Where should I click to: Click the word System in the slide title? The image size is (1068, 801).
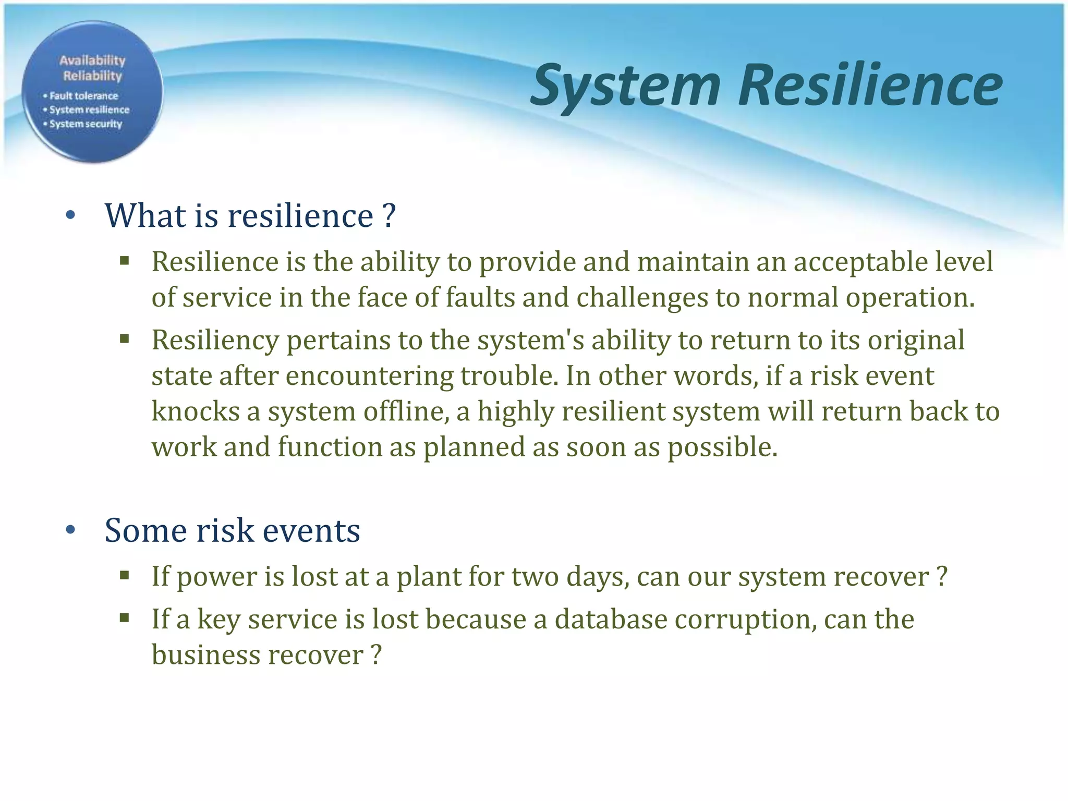coord(626,85)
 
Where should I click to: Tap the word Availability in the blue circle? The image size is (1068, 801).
coord(92,60)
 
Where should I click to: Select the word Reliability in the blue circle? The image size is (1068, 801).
coord(92,76)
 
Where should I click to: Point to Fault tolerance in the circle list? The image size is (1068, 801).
coord(83,96)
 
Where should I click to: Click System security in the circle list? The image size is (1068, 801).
coord(86,124)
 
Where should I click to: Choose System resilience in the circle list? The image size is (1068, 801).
coord(89,110)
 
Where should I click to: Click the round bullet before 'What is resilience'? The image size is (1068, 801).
coord(71,215)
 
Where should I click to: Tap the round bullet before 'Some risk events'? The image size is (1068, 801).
coord(71,530)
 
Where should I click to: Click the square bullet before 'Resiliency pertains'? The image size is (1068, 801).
coord(124,339)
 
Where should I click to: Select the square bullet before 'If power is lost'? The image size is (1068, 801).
coord(124,576)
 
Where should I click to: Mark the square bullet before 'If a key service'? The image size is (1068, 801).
coord(124,618)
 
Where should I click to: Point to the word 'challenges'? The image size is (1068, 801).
coord(642,297)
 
